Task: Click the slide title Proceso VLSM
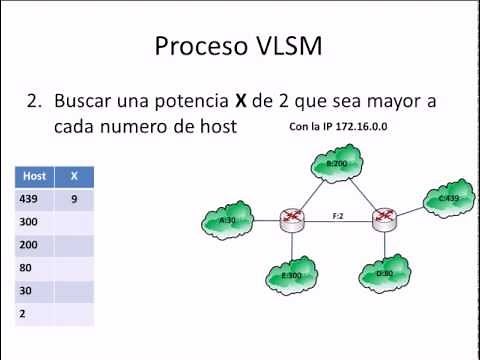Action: [x=240, y=46]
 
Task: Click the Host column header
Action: [x=34, y=175]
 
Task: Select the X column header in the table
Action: [x=73, y=175]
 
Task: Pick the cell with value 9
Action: [x=73, y=198]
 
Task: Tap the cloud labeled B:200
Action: [x=336, y=162]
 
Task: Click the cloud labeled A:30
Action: [x=226, y=219]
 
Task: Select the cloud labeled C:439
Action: [x=448, y=198]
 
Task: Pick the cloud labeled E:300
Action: [x=291, y=274]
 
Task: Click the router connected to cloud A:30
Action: [x=291, y=220]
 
